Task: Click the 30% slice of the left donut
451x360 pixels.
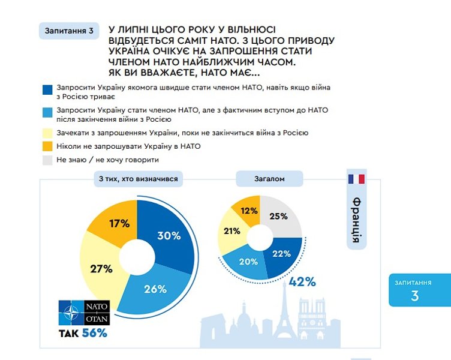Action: [169, 236]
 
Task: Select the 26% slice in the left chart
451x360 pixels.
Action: [155, 288]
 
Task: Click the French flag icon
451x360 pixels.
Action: [356, 178]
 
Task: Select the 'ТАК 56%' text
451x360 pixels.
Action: [83, 334]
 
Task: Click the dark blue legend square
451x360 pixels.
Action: [47, 90]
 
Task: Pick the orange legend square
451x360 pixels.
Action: [47, 145]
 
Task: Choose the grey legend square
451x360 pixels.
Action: [47, 160]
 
